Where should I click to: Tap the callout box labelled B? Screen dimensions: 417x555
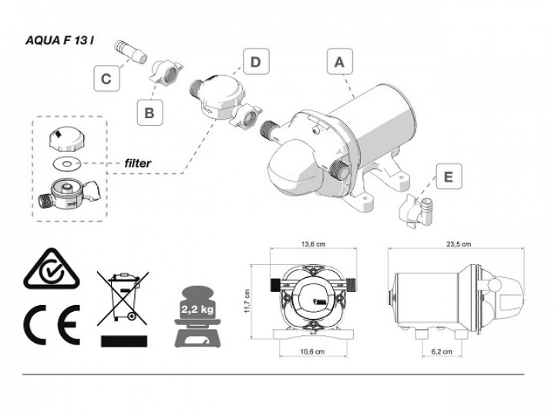tap(150, 112)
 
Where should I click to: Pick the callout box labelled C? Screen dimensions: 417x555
tap(107, 78)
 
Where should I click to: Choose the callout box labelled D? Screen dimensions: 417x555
tap(254, 62)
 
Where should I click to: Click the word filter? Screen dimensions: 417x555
tap(138, 164)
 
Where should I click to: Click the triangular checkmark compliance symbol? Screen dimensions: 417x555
tap(51, 271)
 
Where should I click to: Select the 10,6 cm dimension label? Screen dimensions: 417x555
tap(311, 351)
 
